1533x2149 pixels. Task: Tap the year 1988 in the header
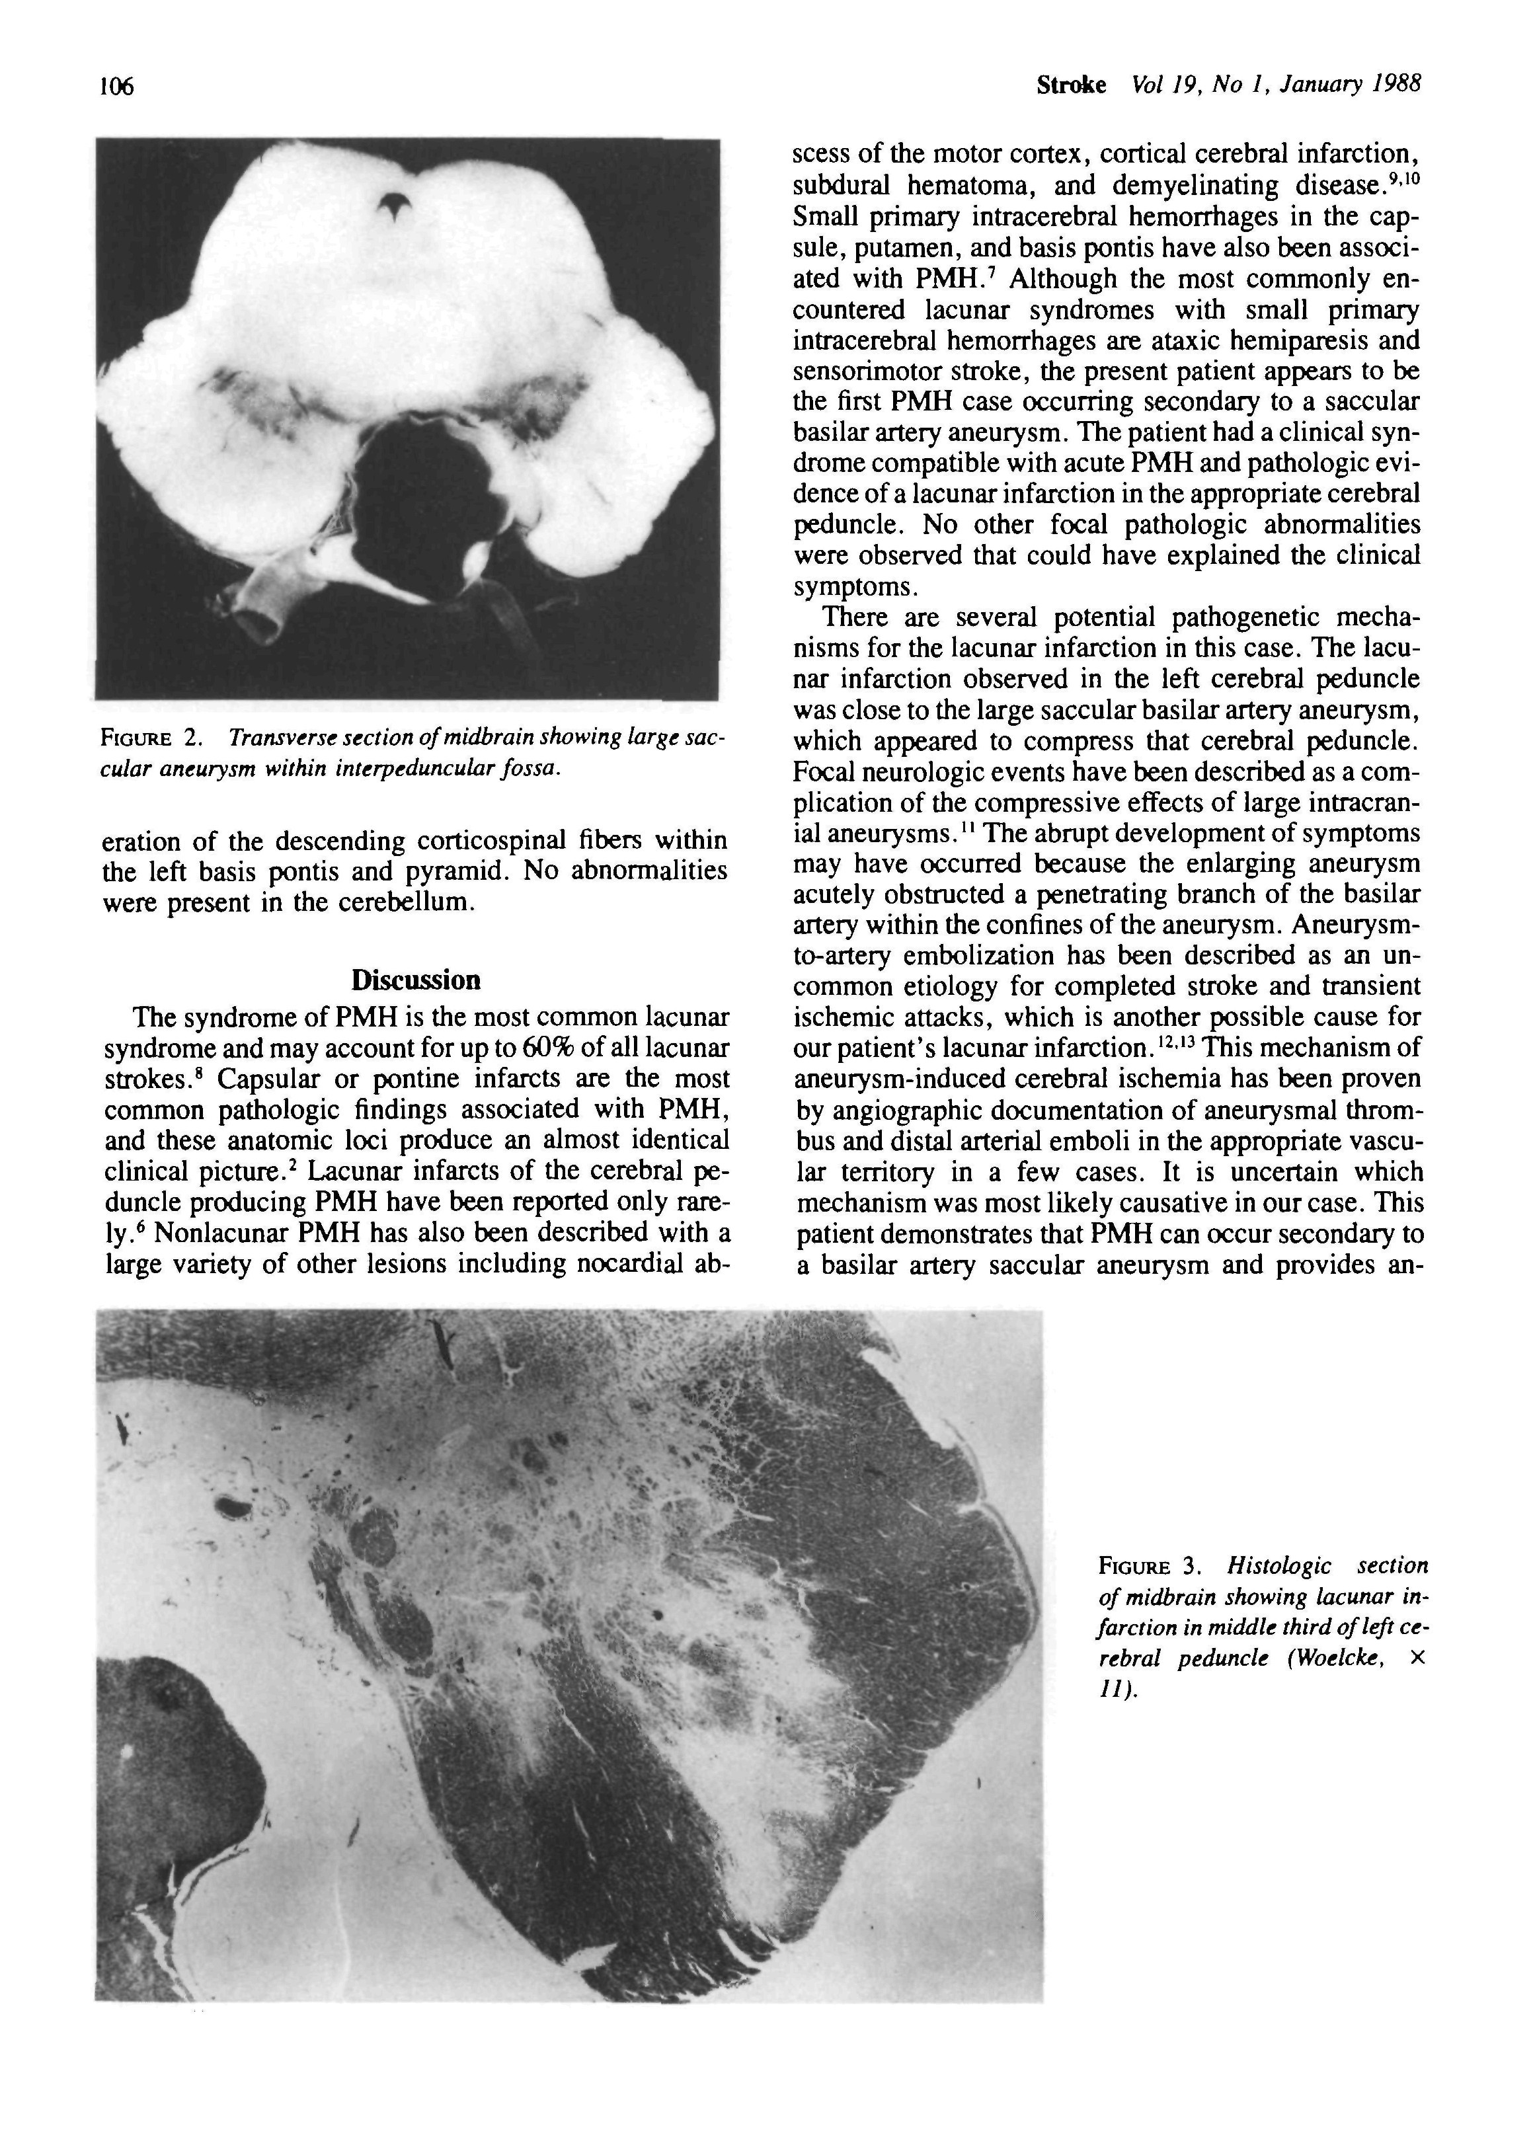coord(1396,85)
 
